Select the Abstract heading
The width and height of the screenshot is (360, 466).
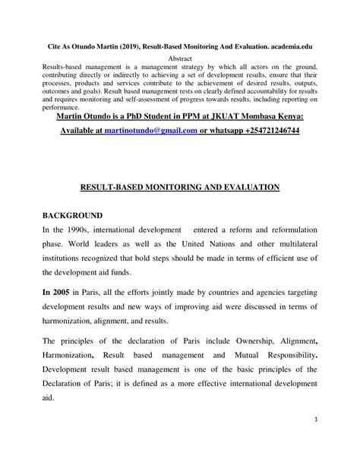[x=181, y=59]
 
